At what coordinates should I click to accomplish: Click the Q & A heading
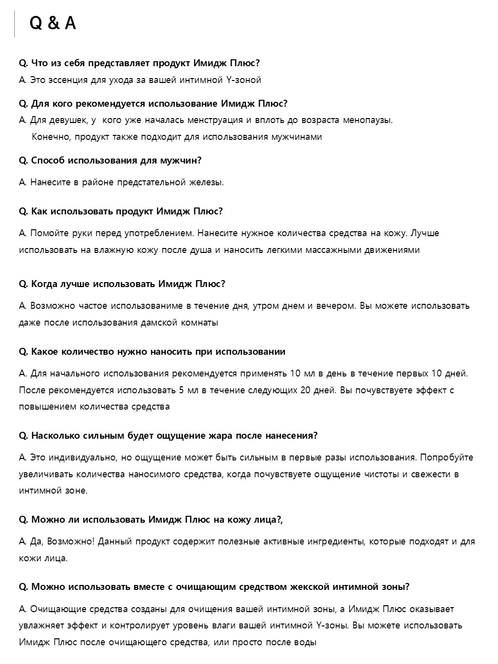[x=53, y=23]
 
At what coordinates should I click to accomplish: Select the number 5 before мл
[x=182, y=390]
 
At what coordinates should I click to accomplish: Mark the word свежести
[x=433, y=474]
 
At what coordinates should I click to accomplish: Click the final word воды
[x=305, y=643]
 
